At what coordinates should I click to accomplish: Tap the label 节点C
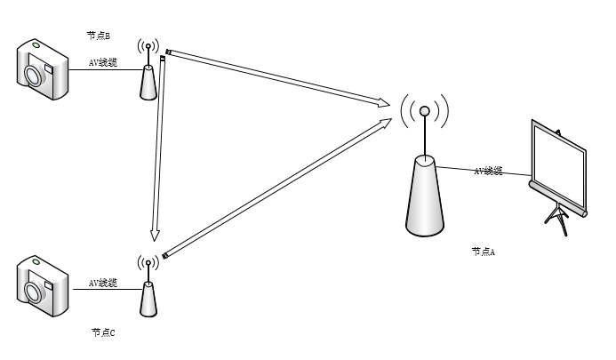(103, 332)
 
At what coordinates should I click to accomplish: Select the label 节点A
(483, 252)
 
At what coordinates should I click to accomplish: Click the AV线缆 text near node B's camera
(103, 64)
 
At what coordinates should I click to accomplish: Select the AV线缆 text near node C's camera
(102, 283)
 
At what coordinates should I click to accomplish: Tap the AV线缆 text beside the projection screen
(488, 170)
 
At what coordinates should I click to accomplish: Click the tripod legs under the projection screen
(557, 219)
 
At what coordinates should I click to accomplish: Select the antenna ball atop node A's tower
(425, 112)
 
